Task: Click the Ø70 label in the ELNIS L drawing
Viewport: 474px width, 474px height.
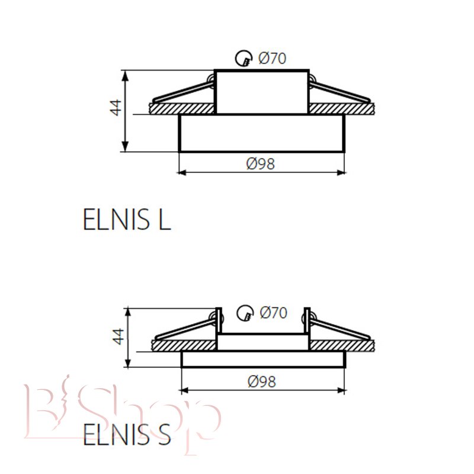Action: coord(272,58)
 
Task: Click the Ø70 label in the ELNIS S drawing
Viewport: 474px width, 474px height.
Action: coord(273,313)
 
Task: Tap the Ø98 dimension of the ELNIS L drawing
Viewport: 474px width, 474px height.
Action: coord(261,164)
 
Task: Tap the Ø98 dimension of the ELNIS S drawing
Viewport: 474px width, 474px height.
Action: coord(262,382)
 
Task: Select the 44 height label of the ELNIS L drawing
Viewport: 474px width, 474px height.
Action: coord(115,108)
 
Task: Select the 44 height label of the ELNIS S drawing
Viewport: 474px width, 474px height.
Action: coord(118,337)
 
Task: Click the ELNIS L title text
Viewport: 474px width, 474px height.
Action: coord(127,219)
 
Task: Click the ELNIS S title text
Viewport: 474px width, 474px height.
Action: coord(127,434)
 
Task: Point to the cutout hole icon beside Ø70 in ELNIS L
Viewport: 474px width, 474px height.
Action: coord(244,58)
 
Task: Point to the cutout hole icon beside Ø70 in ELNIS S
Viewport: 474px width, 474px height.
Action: coord(245,313)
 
